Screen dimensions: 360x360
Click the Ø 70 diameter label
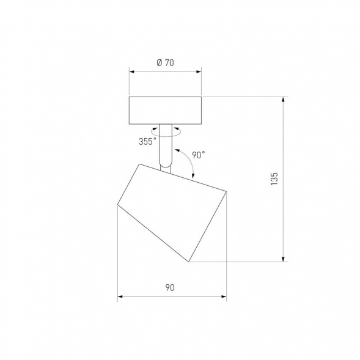click(164, 62)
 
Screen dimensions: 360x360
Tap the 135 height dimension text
click(274, 178)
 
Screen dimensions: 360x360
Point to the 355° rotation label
click(147, 142)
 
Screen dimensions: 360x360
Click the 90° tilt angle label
click(198, 155)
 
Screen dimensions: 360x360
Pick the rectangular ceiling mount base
click(165, 111)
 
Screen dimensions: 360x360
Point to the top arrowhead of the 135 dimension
click(284, 99)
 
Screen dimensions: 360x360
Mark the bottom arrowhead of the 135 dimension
click(284, 259)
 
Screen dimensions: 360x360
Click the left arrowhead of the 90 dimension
click(120, 298)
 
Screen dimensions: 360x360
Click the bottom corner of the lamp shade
click(189, 262)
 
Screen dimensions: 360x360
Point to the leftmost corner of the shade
click(117, 206)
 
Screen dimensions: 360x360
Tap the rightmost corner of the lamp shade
click(226, 192)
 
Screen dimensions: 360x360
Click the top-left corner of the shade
click(139, 164)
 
